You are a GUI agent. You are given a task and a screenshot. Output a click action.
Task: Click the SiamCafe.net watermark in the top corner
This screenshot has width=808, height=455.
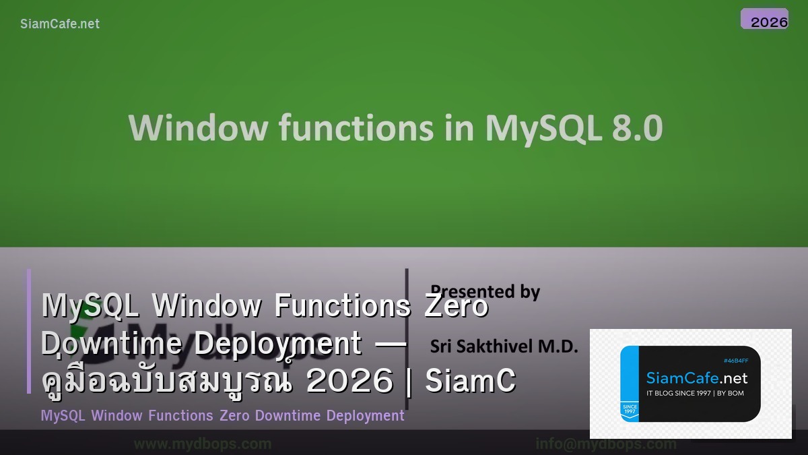(60, 24)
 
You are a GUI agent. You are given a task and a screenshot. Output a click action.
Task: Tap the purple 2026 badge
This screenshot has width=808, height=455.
(765, 20)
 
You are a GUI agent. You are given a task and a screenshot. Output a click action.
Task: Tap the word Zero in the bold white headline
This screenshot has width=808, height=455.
(457, 306)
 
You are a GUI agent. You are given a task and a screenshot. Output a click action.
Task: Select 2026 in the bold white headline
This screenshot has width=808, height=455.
(349, 382)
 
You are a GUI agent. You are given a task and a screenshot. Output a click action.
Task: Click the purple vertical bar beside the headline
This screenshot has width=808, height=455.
(29, 331)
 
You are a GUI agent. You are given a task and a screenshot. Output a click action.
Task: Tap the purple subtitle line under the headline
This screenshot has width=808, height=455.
(222, 415)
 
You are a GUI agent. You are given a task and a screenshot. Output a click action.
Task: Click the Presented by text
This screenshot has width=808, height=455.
(485, 291)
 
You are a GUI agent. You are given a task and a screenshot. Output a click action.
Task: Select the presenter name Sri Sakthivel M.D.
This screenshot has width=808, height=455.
(504, 346)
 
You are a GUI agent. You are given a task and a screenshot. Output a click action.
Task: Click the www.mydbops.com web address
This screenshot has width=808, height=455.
(203, 444)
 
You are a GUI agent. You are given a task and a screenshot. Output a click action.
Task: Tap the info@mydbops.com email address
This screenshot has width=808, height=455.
(606, 444)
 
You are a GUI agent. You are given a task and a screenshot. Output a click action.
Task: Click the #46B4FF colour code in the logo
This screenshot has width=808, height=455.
(735, 361)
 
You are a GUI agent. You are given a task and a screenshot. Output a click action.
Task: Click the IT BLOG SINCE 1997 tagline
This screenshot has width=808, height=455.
(695, 393)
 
